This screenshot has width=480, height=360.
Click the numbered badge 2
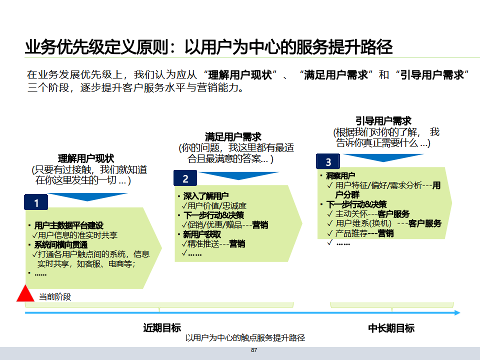(185, 179)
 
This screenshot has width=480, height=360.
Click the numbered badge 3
(328, 161)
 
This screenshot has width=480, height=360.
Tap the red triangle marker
(25, 294)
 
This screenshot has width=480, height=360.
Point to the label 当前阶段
(55, 297)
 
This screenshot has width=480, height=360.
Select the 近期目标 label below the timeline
(162, 328)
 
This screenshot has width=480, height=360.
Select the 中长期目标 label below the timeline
(391, 328)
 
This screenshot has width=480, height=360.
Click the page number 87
(254, 350)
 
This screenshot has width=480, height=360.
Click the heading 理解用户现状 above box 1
(86, 158)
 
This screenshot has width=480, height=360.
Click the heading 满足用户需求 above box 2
(233, 136)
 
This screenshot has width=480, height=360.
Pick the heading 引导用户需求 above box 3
(383, 121)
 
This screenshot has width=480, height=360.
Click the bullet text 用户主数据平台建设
(68, 225)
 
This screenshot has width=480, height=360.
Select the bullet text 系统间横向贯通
(60, 244)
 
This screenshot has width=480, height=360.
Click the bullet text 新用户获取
(202, 234)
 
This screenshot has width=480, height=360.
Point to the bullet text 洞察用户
(340, 175)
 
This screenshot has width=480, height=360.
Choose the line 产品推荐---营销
(364, 233)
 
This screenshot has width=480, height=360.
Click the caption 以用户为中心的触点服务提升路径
(245, 338)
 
